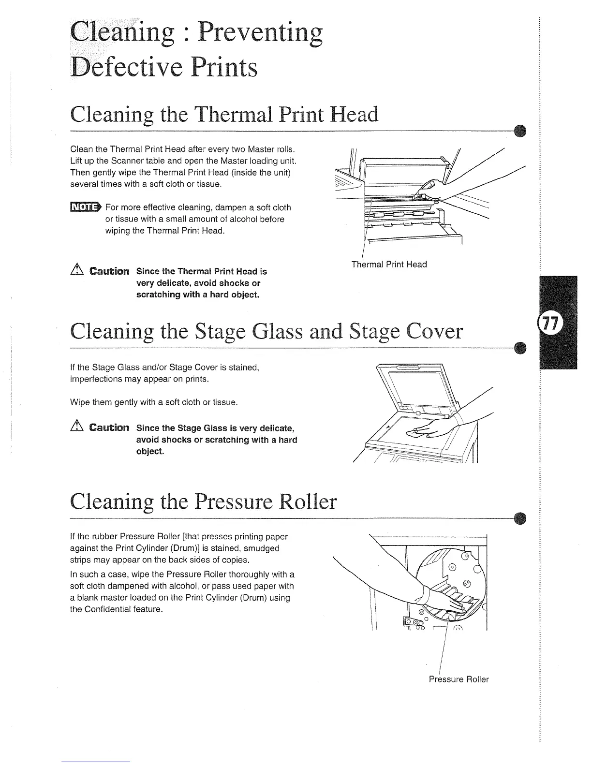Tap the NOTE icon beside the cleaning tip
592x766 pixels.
85,207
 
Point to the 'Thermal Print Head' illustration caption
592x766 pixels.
389,265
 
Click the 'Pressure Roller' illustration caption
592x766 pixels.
459,679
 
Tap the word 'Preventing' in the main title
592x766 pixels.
261,33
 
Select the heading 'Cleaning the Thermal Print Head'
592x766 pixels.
224,115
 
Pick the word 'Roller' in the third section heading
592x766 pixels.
306,501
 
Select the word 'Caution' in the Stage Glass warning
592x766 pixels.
109,428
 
